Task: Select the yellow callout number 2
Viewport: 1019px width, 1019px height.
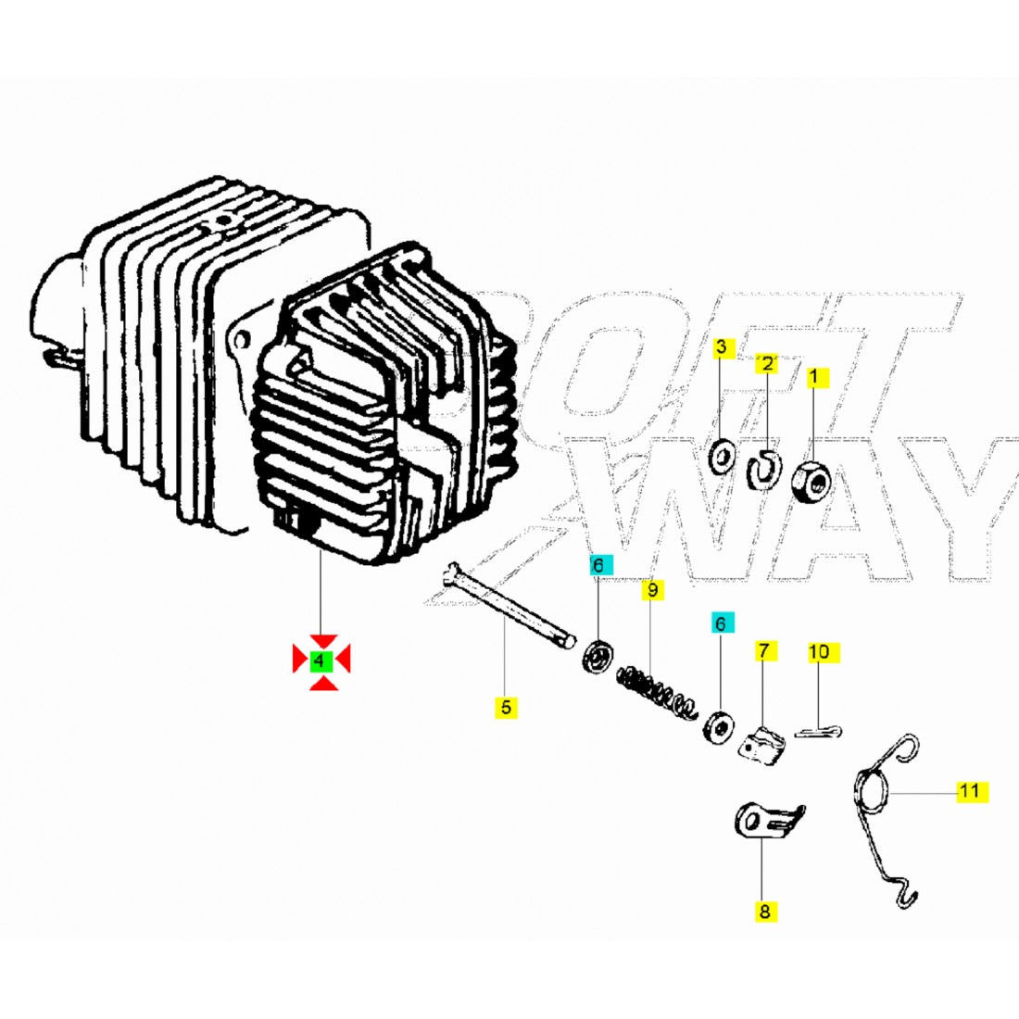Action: click(x=767, y=363)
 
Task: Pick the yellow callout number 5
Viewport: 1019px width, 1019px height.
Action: click(x=506, y=707)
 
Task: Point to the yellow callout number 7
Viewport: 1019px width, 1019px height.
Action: click(x=765, y=650)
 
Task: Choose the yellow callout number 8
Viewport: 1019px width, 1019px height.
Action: click(x=765, y=912)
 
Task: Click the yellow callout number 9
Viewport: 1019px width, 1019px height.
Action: click(x=652, y=589)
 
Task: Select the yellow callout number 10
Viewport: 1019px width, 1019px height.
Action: click(x=824, y=652)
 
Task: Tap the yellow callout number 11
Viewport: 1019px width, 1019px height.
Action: click(x=972, y=791)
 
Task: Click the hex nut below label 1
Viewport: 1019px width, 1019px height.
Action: click(x=811, y=482)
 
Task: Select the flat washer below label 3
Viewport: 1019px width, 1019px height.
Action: click(x=722, y=457)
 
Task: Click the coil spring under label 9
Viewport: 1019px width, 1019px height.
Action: click(x=657, y=692)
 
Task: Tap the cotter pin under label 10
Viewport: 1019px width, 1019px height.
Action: click(x=818, y=732)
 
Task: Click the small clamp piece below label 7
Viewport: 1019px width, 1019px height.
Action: click(x=761, y=746)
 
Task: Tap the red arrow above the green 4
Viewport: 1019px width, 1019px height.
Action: click(x=323, y=641)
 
